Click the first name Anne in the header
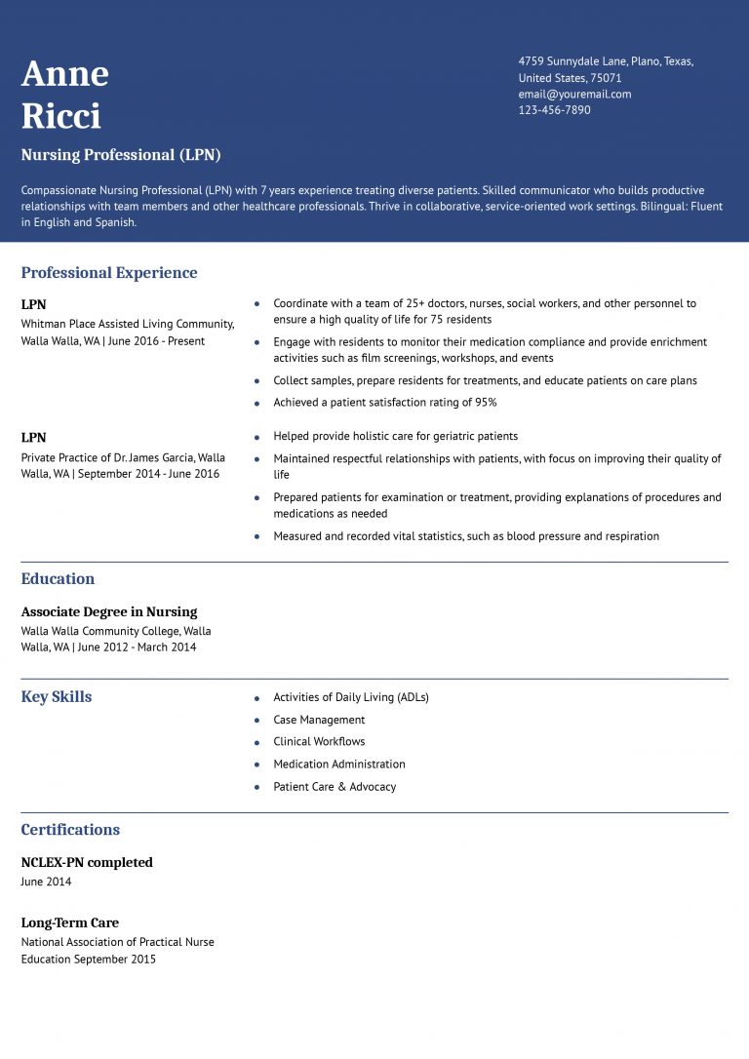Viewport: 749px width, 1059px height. (x=64, y=74)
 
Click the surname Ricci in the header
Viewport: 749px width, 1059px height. (x=60, y=116)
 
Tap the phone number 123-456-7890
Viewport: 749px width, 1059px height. (x=554, y=110)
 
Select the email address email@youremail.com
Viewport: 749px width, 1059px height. (x=574, y=94)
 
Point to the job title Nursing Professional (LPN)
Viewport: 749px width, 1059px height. (x=121, y=155)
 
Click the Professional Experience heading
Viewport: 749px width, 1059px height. (x=109, y=273)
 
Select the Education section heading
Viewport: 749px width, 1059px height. (x=58, y=579)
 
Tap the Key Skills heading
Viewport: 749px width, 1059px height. (x=57, y=697)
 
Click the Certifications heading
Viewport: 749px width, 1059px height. (x=70, y=830)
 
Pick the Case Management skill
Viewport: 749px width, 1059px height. (x=319, y=720)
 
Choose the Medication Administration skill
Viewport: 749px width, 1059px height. (x=338, y=765)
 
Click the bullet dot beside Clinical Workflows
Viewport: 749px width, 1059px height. (x=256, y=743)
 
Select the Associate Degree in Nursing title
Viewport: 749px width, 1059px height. (x=109, y=612)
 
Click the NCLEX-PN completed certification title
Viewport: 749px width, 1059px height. (x=87, y=863)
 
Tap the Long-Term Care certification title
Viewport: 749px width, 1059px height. (x=69, y=922)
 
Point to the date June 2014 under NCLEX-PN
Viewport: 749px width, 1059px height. (x=46, y=882)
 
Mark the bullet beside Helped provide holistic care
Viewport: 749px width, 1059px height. (x=256, y=437)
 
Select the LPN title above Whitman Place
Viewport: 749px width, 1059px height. (x=33, y=304)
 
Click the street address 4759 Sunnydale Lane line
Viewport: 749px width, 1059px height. (x=606, y=61)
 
